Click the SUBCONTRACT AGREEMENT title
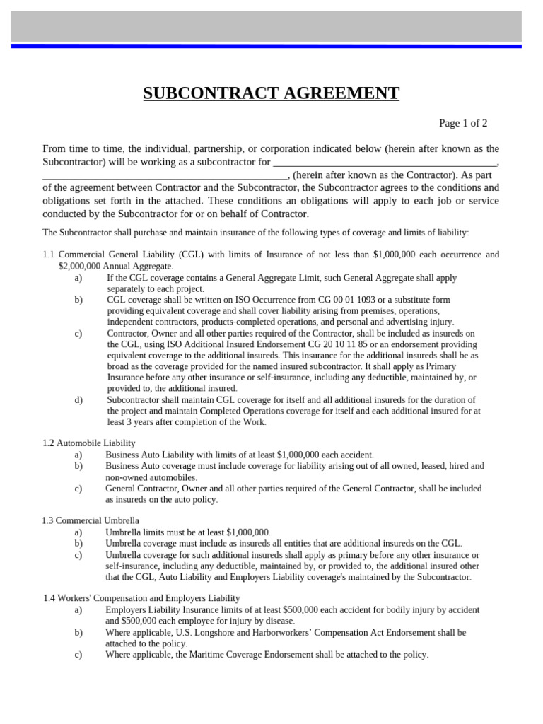coord(271,93)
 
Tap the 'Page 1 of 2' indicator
coord(463,123)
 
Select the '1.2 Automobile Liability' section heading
coord(89,443)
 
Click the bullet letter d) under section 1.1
coord(78,400)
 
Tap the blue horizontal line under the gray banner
coord(271,46)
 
